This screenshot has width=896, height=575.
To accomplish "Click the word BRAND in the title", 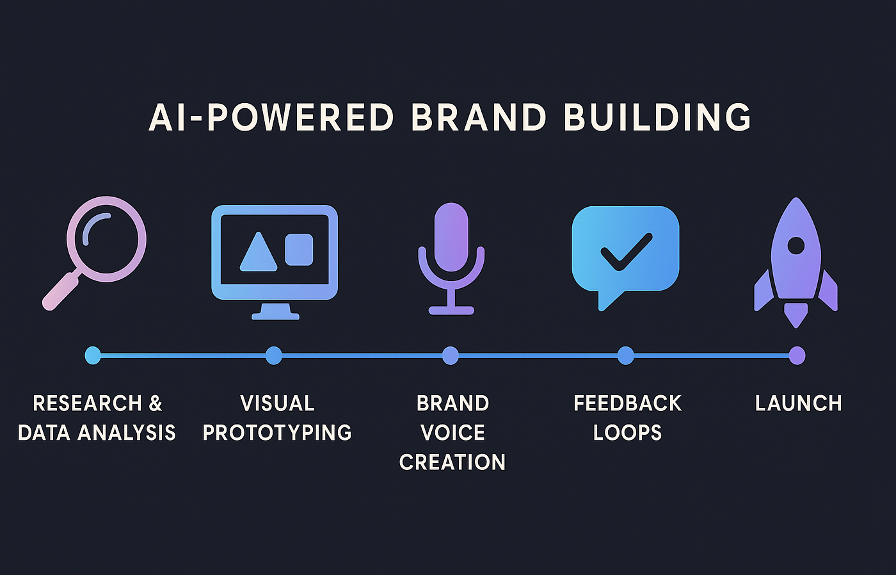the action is point(479,117).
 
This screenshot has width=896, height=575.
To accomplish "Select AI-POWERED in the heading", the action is point(271,117).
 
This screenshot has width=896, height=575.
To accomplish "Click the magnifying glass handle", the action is point(60,291).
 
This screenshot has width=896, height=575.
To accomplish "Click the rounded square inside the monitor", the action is point(299,249).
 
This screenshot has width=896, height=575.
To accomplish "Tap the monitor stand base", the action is point(275,316).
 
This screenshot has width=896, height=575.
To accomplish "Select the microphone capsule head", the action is point(451,237).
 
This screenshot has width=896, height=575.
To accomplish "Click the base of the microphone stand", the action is point(451,310).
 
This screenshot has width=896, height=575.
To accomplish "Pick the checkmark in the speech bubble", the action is point(627,252).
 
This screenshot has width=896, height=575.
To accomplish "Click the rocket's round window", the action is point(796,246).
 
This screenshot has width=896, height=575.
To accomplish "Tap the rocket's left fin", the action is point(762,291).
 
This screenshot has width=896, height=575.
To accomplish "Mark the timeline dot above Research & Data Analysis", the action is point(93,355).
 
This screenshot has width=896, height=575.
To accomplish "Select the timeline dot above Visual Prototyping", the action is point(274,355).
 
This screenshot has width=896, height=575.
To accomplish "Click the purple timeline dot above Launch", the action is point(797,355).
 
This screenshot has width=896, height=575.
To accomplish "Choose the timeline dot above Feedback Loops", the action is point(626,355).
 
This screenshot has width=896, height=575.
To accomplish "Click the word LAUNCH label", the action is point(799,403).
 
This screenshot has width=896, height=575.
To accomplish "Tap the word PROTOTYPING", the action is point(277,433).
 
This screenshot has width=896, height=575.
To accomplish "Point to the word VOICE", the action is point(453,433).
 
